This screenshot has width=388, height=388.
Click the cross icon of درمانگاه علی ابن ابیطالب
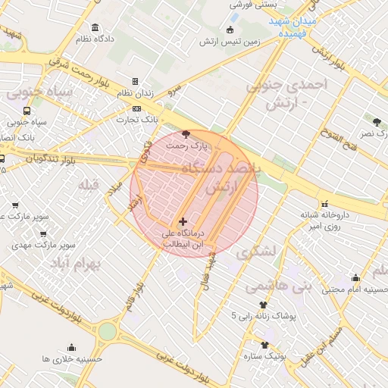pos(183,221)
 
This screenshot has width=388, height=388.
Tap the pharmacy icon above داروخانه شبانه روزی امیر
pos(325,203)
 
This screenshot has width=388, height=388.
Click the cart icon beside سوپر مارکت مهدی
pos(16,246)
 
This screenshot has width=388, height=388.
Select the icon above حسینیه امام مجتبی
pos(355,277)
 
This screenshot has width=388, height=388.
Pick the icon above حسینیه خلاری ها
pos(73,347)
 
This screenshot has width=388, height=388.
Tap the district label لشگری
pos(258,252)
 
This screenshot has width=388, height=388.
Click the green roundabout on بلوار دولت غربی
pos(107,331)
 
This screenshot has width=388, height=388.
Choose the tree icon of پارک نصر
pos(376,121)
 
